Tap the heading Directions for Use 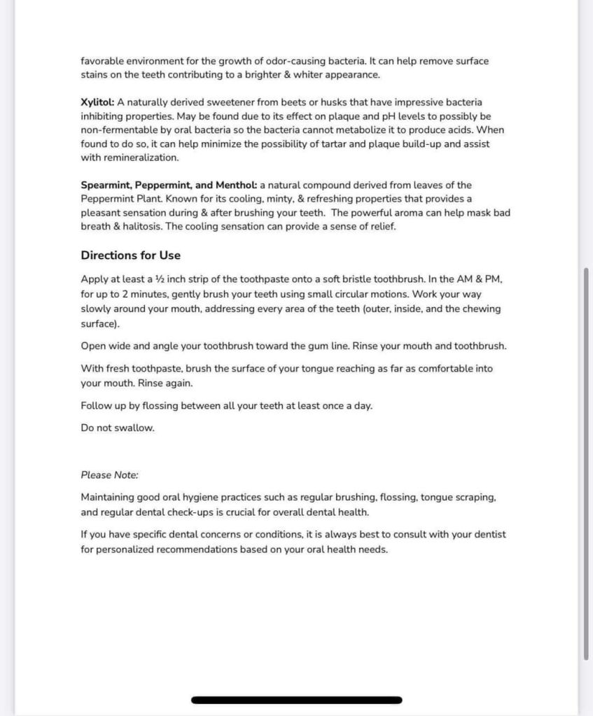tap(130, 255)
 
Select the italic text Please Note tap(109, 475)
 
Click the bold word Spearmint tap(105, 185)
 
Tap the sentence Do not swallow tap(118, 428)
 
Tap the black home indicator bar tap(296, 700)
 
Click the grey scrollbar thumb tap(585, 462)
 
